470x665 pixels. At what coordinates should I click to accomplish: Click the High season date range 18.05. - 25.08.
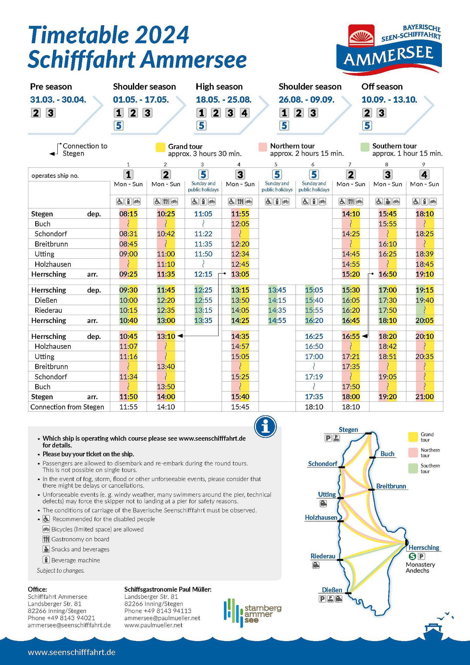tap(223, 100)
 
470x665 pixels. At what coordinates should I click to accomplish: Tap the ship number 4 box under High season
tap(245, 113)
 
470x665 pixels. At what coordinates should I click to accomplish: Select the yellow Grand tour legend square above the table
tap(160, 147)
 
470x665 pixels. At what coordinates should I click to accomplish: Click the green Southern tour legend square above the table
tap(365, 147)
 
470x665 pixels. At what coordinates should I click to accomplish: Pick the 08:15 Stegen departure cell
tap(128, 214)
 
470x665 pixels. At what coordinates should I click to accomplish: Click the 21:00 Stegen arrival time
tap(424, 397)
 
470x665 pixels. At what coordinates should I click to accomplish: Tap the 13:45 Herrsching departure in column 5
tap(277, 290)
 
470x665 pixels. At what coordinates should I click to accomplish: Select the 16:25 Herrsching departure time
tap(314, 336)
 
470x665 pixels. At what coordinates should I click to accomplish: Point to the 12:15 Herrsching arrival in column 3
tap(203, 274)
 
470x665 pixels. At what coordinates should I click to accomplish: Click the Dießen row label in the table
tap(46, 300)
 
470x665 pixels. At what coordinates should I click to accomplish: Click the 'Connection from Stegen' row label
tap(67, 407)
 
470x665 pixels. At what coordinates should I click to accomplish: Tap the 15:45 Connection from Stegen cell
tap(240, 407)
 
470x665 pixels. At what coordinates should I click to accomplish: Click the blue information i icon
tap(265, 427)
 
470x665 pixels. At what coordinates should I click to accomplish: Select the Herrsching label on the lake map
tap(423, 547)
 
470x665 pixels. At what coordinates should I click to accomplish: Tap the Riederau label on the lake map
tap(323, 556)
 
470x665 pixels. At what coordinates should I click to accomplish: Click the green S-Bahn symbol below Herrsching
tap(412, 556)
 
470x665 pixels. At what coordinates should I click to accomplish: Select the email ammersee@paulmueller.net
tap(162, 618)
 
